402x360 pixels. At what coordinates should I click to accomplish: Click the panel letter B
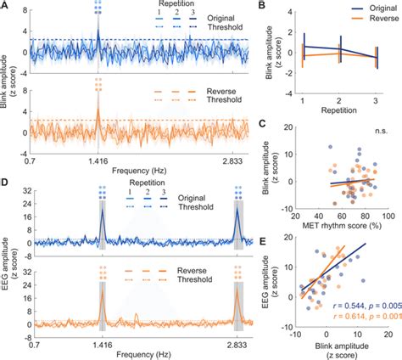(x=270, y=6)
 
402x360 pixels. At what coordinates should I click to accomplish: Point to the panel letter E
(x=270, y=241)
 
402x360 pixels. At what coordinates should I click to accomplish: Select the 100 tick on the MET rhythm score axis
(x=380, y=211)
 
